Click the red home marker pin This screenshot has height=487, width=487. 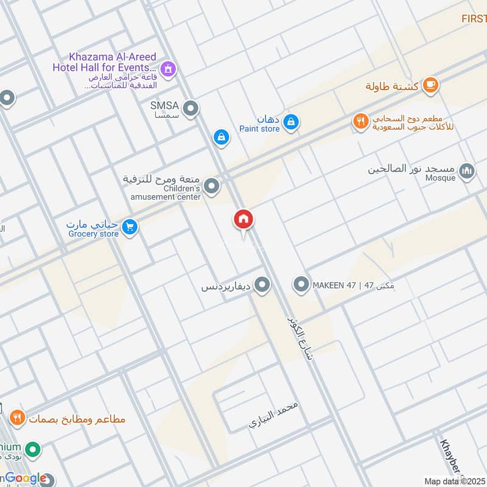243,220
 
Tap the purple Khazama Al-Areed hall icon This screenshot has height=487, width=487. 169,69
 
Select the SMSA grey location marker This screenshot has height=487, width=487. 191,109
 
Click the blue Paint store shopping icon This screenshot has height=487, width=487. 292,122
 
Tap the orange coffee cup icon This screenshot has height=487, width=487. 430,85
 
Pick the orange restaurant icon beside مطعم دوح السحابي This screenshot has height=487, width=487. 361,121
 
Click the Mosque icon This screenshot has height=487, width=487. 467,171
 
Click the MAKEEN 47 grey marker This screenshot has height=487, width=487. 301,284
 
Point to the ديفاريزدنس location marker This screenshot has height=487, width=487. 262,284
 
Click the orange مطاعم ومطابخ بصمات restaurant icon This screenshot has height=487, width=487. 17,418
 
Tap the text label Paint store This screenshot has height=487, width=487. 259,128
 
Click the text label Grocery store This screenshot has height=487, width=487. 93,234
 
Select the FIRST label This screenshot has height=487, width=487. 474,19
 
